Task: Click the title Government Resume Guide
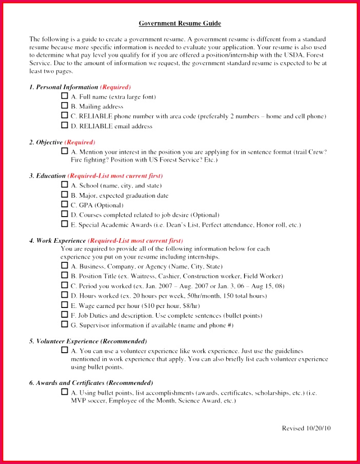[180, 24]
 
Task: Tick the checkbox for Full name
[65, 96]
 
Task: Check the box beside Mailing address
[65, 106]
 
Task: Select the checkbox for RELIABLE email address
[65, 125]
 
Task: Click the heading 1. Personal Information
[64, 87]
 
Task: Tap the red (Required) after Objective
[80, 142]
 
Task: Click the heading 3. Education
[48, 176]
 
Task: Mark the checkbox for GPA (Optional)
[65, 204]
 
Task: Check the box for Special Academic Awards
[65, 224]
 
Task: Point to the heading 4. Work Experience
[58, 240]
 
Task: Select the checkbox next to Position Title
[65, 275]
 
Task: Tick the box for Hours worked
[65, 295]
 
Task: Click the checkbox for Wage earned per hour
[65, 304]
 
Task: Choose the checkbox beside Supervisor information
[65, 324]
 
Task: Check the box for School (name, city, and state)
[65, 185]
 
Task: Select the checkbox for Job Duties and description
[65, 314]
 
